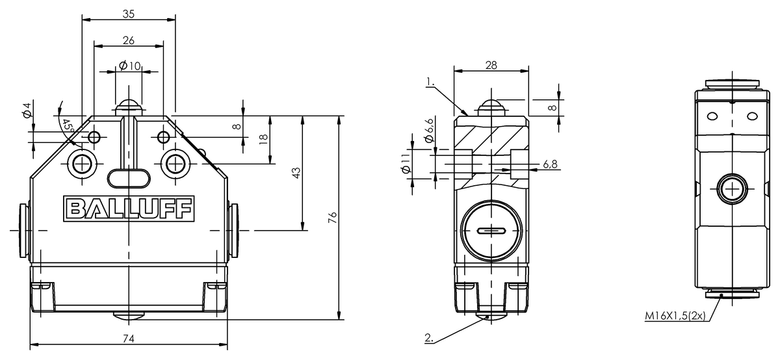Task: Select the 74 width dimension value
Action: point(129,338)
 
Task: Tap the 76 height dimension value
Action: point(332,218)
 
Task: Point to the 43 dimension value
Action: point(296,173)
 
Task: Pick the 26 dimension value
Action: point(128,40)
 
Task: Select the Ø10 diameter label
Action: point(130,66)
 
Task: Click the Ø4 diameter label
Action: point(27,110)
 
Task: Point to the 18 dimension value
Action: point(263,139)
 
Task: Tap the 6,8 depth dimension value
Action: point(549,164)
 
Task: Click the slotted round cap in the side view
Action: point(490,231)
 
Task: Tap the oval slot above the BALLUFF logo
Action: point(128,176)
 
